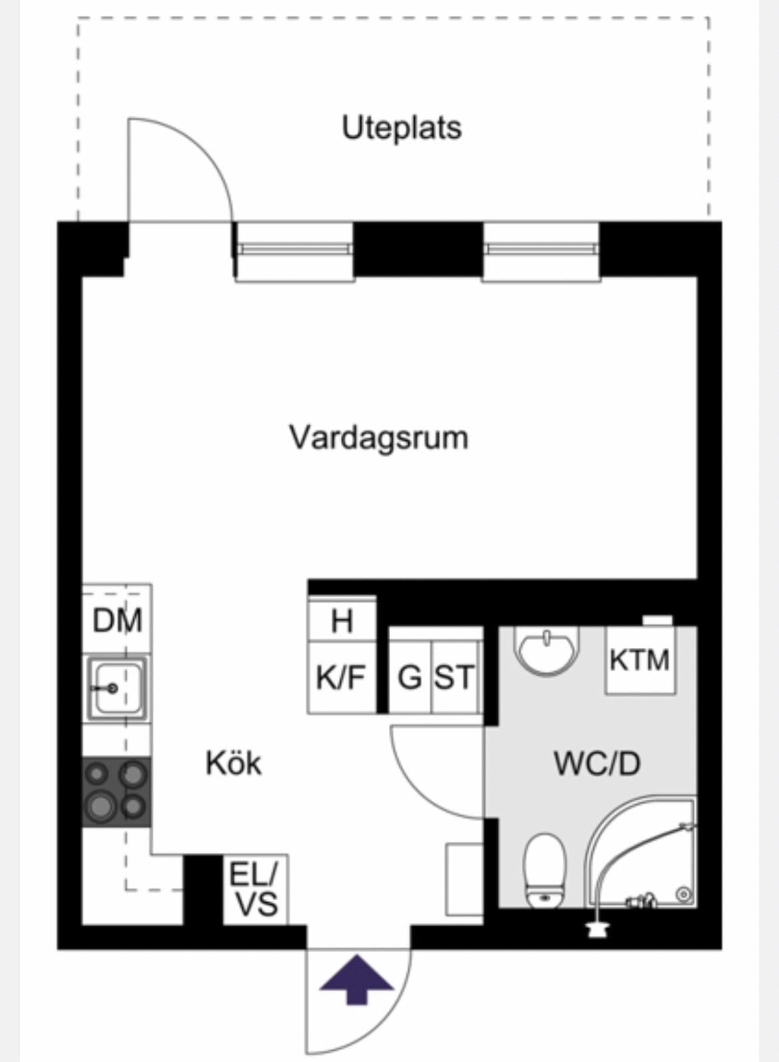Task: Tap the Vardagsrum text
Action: [x=379, y=437]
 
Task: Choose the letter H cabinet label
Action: [x=342, y=621]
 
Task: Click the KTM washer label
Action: [x=639, y=660]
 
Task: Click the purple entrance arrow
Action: [x=357, y=979]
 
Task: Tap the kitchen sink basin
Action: [x=118, y=688]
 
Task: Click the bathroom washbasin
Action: [x=547, y=651]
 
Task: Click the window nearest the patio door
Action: [x=294, y=252]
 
